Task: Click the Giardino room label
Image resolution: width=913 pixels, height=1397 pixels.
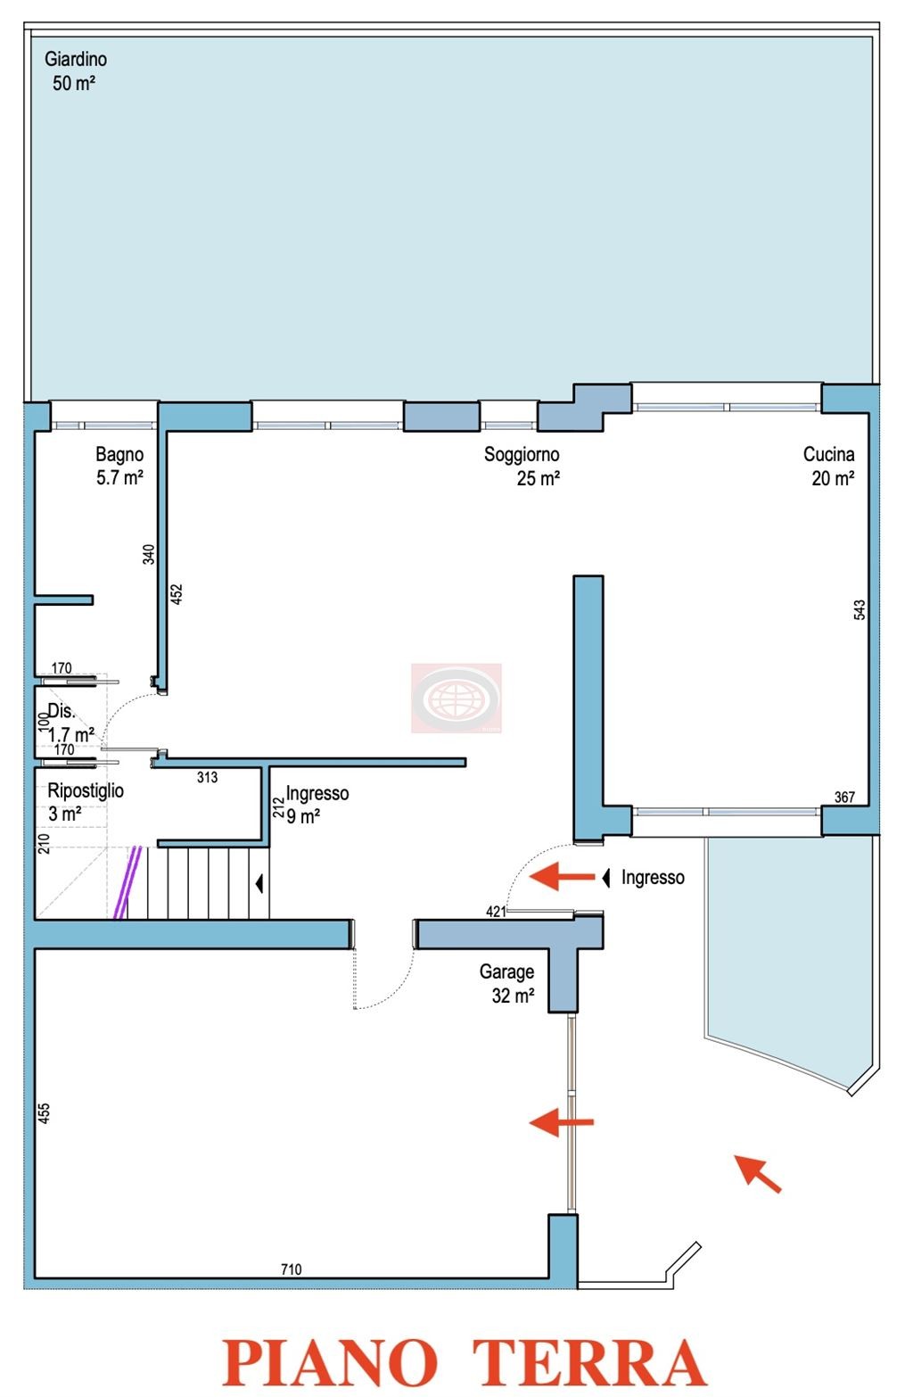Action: click(76, 71)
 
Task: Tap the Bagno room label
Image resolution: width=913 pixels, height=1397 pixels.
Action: click(119, 466)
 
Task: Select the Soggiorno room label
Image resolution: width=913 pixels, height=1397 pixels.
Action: click(522, 466)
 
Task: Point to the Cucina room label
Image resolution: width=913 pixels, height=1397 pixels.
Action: click(829, 466)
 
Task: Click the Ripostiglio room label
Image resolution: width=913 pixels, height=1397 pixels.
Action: click(86, 802)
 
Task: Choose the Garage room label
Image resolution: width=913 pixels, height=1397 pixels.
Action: click(506, 983)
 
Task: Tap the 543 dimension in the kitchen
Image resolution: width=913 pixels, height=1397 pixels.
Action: click(860, 609)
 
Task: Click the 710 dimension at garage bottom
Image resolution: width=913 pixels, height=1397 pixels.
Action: click(291, 1269)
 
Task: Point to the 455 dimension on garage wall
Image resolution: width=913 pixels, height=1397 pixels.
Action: click(44, 1113)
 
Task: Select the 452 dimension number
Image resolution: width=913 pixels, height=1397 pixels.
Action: click(177, 594)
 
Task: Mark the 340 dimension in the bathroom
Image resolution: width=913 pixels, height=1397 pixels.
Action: click(148, 555)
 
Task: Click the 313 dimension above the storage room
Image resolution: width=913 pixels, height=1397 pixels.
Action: click(207, 777)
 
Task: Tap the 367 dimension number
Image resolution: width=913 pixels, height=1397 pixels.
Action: click(844, 797)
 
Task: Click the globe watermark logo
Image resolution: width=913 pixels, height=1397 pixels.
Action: click(456, 698)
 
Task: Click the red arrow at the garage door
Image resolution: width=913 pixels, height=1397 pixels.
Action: click(561, 1122)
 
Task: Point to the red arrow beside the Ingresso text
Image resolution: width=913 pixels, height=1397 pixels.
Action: click(562, 876)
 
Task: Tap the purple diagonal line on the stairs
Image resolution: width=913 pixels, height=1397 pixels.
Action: click(127, 882)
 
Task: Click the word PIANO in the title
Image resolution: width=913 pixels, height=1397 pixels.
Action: click(330, 1363)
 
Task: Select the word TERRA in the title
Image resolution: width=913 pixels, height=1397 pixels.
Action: click(589, 1363)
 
